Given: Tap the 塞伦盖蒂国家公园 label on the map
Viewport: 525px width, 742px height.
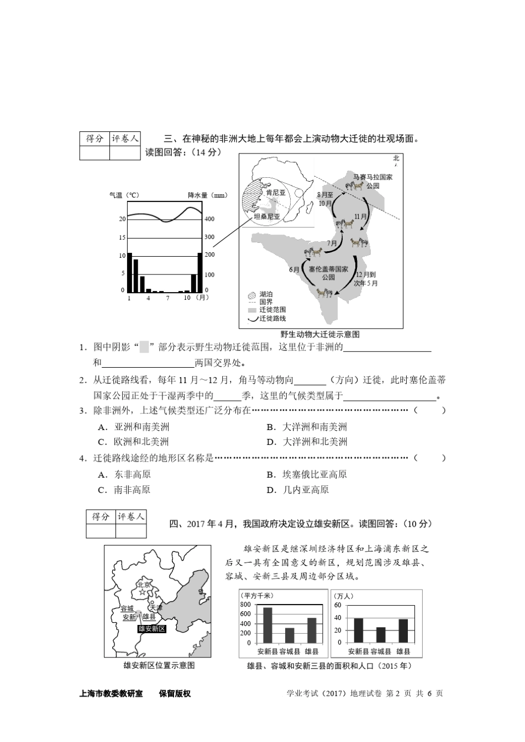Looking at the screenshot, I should point(328,273).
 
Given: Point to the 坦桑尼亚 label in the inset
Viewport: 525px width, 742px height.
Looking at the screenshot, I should point(267,217).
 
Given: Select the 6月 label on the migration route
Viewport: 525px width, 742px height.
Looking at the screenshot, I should point(294,270).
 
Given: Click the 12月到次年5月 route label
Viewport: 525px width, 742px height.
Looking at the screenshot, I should point(366,279).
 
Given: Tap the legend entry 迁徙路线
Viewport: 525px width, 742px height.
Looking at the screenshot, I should point(272,319).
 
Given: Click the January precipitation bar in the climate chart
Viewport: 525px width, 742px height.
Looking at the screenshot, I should point(130,272).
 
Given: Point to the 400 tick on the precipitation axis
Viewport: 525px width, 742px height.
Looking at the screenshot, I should point(210,219).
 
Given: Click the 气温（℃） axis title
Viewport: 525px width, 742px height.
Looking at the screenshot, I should point(124,195).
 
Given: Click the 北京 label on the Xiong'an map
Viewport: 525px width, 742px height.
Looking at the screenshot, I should point(143,585).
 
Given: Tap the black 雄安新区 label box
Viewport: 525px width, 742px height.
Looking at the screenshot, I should point(152,629).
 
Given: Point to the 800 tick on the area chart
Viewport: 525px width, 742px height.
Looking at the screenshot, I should point(245,605).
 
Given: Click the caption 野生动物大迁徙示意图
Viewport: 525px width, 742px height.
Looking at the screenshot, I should point(320,335).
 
